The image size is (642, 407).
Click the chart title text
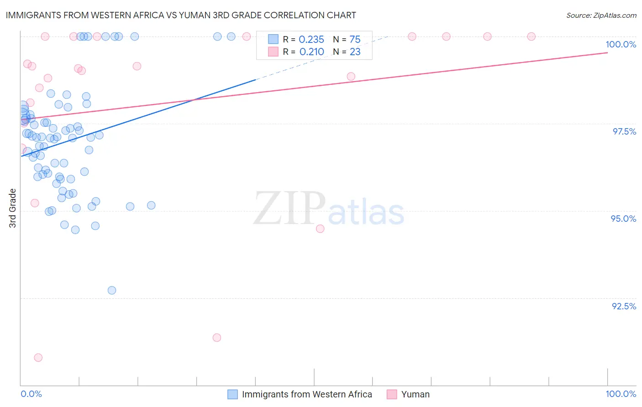point(181,15)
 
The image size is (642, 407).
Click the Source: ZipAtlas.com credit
point(601,15)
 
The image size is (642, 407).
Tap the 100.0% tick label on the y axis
point(621,44)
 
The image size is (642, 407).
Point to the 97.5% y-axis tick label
point(624,131)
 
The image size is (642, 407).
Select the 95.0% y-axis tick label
point(623,219)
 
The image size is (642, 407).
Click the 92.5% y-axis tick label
point(624,306)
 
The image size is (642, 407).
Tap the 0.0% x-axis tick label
point(31,394)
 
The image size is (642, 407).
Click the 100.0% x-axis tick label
point(621,394)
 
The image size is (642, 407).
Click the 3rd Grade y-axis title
point(13,208)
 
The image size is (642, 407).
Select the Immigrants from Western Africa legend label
point(307,394)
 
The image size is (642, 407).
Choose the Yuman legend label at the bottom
point(415,394)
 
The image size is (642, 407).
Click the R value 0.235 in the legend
point(311,40)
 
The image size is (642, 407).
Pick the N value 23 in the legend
point(355,52)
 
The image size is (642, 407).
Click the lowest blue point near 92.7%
point(112,290)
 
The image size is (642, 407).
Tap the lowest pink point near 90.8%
point(38,358)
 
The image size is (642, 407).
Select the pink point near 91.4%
point(217,338)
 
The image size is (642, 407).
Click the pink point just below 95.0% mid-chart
point(320,229)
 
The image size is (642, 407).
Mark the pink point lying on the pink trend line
point(351,76)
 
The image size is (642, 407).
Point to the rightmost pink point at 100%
point(531,37)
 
